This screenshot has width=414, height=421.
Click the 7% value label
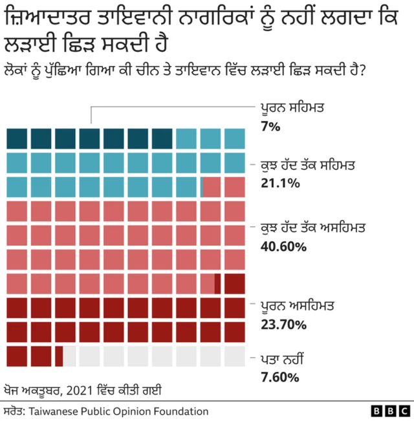(x=270, y=127)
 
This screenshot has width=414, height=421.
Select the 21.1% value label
(x=279, y=183)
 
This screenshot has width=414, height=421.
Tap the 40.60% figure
(x=283, y=246)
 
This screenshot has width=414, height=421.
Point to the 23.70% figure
(x=283, y=324)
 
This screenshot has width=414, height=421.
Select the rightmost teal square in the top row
(x=235, y=139)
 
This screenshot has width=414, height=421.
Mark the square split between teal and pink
(x=210, y=187)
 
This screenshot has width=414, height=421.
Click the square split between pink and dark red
(x=210, y=284)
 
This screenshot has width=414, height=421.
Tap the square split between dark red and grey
(x=65, y=356)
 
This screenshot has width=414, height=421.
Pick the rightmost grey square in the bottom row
(x=235, y=356)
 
